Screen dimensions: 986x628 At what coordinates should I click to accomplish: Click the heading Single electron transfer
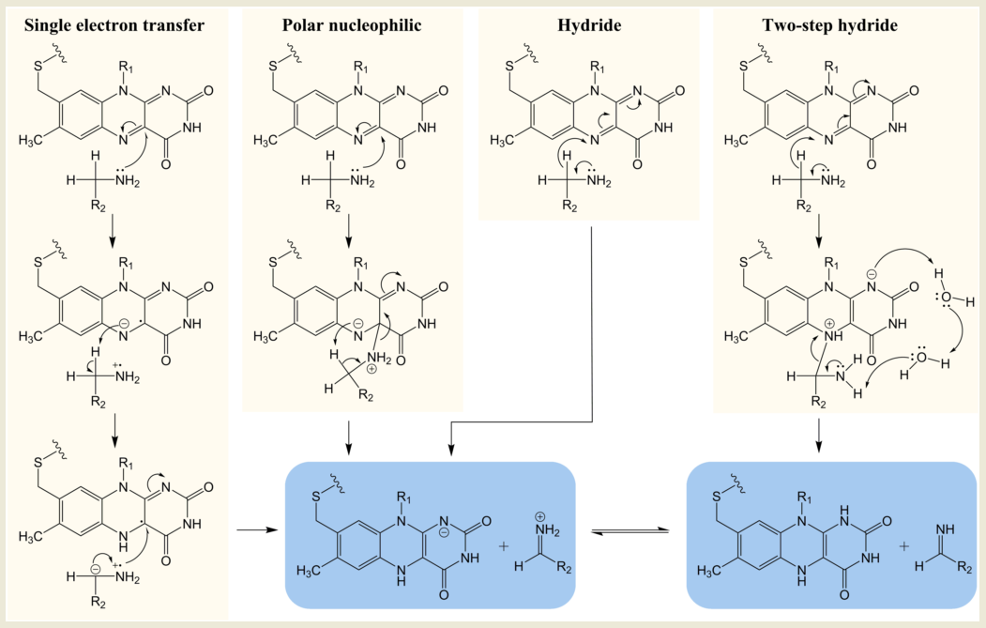point(114,25)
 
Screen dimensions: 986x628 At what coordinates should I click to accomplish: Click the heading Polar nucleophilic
point(352,25)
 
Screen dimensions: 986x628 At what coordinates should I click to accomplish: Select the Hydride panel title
point(589,25)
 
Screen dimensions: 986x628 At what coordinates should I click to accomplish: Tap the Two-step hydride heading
point(829,25)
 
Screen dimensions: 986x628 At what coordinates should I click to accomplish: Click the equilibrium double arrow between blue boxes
point(630,532)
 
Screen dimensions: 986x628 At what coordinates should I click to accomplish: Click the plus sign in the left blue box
point(503,545)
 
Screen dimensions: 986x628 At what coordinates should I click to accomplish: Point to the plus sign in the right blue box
point(903,545)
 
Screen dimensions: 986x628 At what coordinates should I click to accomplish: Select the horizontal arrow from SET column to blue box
point(256,529)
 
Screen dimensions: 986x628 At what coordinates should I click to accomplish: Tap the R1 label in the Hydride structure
point(598,67)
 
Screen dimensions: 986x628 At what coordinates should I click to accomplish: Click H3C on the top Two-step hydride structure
point(736,140)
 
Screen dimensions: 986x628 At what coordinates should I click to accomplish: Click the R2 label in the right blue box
point(964,568)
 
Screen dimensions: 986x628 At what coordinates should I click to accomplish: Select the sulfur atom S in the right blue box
point(716,497)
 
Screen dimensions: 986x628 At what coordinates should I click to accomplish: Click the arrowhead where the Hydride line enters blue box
point(450,450)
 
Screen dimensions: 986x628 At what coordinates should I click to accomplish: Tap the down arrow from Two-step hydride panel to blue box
point(818,436)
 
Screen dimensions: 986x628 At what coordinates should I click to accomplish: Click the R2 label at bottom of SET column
point(99,603)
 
